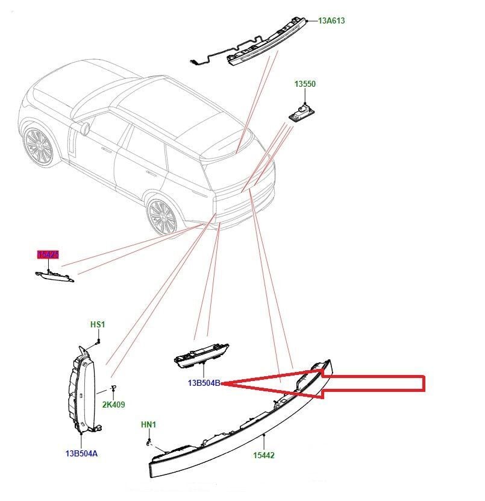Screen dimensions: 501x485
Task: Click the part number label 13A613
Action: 331,21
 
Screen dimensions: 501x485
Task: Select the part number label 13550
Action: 304,84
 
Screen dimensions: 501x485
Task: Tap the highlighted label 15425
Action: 48,255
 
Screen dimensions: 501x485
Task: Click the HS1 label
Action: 98,324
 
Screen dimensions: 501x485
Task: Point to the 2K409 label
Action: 113,405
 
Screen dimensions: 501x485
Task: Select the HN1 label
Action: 148,424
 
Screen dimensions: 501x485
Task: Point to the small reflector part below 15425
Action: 54,276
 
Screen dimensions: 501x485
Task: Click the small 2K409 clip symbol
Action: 113,388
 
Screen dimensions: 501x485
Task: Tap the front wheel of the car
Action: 37,145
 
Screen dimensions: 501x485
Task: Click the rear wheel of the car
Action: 161,215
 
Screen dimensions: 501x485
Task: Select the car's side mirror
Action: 85,127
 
